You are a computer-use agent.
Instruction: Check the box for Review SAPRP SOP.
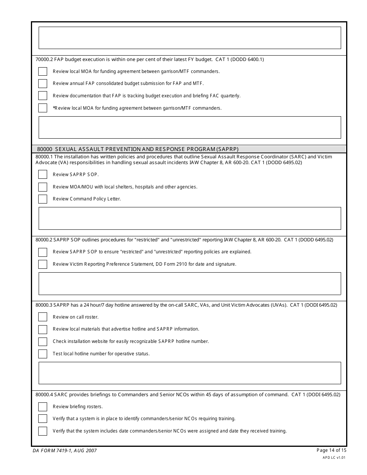42,175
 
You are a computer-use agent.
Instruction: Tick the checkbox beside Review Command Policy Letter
42,199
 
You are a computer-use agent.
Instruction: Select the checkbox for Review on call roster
42,317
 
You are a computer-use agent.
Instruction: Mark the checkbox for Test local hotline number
42,354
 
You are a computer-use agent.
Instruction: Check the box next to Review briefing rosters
42,407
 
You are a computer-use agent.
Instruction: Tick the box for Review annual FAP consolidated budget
42,83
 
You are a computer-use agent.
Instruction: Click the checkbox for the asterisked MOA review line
42,108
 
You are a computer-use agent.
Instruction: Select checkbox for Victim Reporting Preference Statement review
42,264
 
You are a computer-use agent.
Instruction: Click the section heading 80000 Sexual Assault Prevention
138,149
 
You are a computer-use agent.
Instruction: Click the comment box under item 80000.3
190,373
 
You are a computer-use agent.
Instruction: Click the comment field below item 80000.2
190,283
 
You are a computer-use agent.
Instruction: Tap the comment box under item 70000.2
190,127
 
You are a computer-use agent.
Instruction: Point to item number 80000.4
44,395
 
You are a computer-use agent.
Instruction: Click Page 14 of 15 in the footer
331,450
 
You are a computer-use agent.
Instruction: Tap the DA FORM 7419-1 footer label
65,451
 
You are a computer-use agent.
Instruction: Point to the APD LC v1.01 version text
334,457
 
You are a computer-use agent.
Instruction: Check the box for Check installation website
42,341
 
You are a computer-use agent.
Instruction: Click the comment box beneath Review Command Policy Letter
190,218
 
